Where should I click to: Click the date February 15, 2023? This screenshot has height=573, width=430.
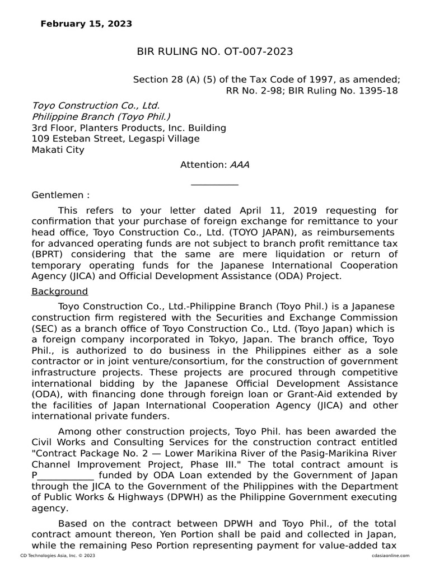click(86, 24)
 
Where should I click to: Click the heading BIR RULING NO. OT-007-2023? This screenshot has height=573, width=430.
click(215, 52)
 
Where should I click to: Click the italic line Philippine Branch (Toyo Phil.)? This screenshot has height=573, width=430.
click(101, 116)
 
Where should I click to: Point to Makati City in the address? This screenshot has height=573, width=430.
click(58, 149)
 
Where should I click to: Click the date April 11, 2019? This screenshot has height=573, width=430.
click(271, 210)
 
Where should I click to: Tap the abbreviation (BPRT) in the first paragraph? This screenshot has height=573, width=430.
click(48, 254)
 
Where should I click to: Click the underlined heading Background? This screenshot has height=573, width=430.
click(60, 292)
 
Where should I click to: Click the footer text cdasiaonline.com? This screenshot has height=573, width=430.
click(390, 556)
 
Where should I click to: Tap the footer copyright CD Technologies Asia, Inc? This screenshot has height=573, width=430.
click(58, 556)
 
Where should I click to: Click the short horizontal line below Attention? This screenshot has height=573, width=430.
click(214, 184)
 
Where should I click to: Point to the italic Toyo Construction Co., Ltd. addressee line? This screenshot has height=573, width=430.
click(96, 105)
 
